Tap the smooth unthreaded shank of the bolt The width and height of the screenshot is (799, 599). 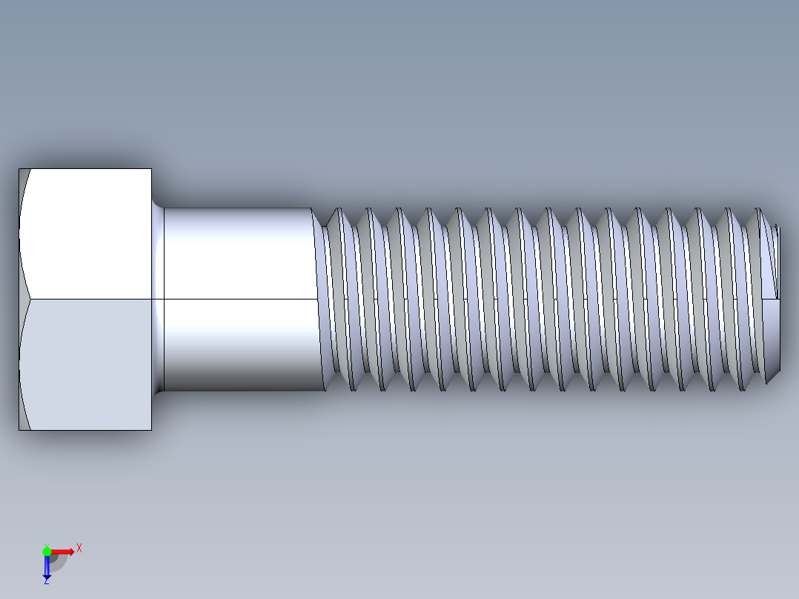(237, 297)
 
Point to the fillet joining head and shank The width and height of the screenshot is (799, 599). (157, 297)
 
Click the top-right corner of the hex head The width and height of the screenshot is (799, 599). (151, 169)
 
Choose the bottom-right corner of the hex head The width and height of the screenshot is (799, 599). (151, 430)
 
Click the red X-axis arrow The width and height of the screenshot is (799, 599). (64, 552)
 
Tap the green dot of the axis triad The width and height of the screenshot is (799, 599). (47, 551)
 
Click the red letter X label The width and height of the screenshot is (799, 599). (79, 548)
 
